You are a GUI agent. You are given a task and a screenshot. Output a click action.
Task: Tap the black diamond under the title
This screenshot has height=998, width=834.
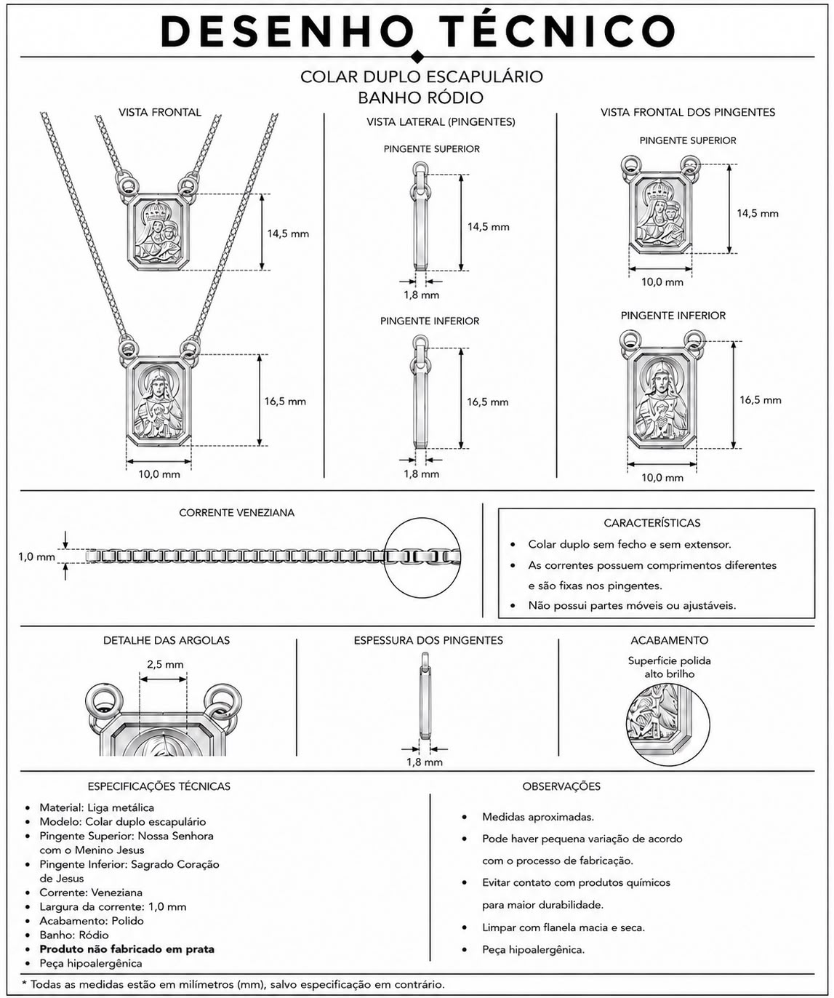click(x=417, y=57)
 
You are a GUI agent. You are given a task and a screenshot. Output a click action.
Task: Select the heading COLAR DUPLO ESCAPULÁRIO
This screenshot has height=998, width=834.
click(x=421, y=77)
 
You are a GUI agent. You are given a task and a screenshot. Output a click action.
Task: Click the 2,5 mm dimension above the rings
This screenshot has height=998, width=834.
click(x=165, y=664)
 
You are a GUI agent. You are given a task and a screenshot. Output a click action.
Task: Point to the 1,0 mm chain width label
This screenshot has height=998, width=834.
click(x=36, y=557)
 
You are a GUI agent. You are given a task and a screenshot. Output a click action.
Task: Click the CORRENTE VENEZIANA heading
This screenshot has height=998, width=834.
click(x=236, y=513)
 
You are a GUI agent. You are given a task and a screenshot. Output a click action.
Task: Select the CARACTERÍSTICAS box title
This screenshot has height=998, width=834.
click(x=652, y=523)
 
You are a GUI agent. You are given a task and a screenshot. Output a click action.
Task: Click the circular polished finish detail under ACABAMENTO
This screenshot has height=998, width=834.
click(x=667, y=724)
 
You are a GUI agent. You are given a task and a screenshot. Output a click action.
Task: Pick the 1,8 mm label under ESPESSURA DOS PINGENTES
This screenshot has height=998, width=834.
click(x=425, y=762)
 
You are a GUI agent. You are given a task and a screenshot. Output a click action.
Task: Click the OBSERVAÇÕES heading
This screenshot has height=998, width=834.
click(x=561, y=786)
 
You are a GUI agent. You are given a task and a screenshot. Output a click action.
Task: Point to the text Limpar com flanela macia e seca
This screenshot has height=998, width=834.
click(x=564, y=927)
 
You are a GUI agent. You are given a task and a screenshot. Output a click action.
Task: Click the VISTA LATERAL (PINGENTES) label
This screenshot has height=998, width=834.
click(x=441, y=122)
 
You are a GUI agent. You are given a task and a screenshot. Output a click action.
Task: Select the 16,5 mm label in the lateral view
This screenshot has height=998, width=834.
click(x=487, y=402)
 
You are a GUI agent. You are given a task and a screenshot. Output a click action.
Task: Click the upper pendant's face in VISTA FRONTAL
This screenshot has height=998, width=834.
click(x=159, y=231)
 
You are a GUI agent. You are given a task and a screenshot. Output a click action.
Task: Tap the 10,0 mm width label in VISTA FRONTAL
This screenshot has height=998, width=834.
click(x=159, y=474)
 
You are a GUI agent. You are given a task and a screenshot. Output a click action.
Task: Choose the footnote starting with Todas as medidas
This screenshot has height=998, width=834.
click(x=233, y=984)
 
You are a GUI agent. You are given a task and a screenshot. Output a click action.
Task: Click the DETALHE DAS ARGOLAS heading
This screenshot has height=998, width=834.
click(x=167, y=640)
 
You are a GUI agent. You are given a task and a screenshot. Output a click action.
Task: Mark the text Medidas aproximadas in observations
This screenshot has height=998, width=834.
click(x=537, y=817)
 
